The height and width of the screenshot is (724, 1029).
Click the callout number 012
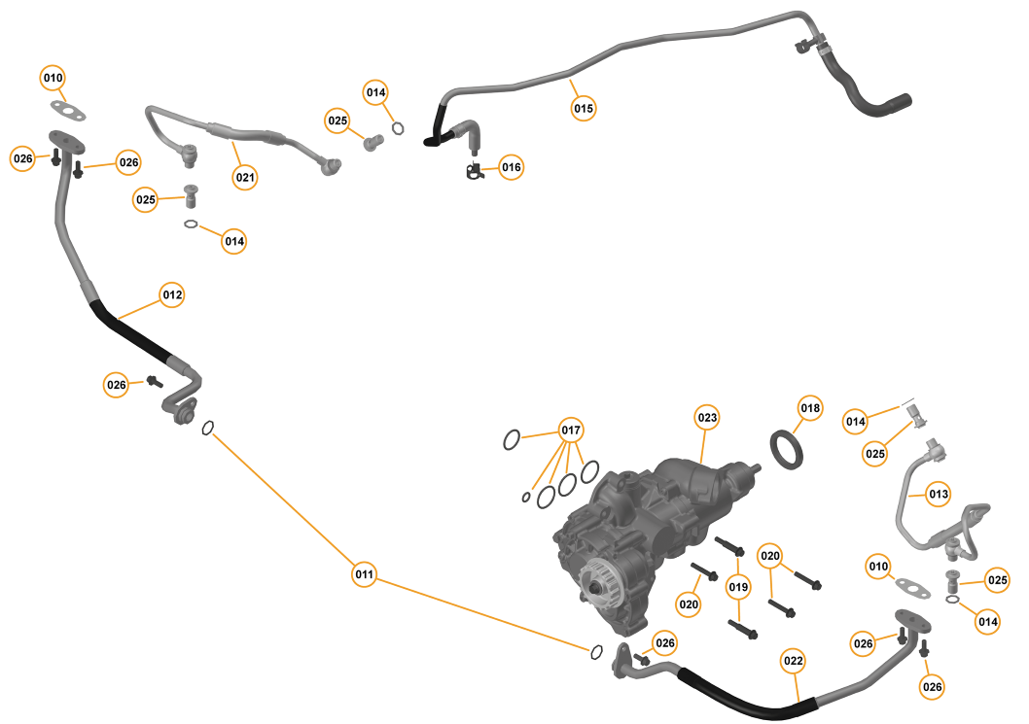(172, 294)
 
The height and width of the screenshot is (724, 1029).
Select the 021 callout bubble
(244, 177)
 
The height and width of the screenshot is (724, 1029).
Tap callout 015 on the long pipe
(583, 108)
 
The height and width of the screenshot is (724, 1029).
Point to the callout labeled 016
(512, 168)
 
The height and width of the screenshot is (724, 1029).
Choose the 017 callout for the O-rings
(571, 431)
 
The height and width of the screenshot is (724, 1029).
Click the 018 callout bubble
(810, 408)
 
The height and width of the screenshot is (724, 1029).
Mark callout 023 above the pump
(707, 419)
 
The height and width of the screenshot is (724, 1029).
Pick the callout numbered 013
(938, 494)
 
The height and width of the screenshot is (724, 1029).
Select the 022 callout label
(794, 662)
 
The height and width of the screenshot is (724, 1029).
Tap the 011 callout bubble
(364, 575)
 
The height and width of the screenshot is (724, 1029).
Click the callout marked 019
(738, 587)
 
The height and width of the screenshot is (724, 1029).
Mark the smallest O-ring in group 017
(526, 498)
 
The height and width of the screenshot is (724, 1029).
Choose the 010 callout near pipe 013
(878, 567)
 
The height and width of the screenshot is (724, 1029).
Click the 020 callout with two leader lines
(770, 555)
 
